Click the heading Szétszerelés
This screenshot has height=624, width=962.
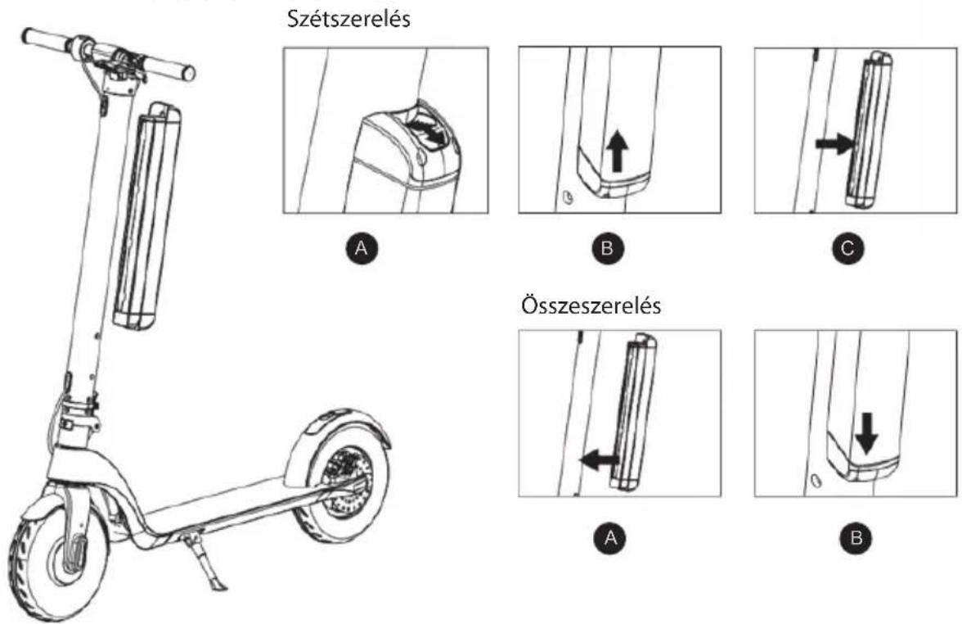click(349, 19)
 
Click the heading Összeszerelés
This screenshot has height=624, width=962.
click(591, 305)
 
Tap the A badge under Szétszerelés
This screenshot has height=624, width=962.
click(362, 247)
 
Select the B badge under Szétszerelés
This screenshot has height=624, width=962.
click(606, 247)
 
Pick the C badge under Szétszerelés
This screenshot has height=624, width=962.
click(847, 247)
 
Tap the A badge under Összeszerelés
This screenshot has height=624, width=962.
click(610, 538)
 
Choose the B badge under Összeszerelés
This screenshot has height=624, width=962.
click(857, 538)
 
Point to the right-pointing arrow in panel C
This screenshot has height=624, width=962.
click(835, 145)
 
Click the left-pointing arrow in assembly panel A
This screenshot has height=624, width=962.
click(599, 459)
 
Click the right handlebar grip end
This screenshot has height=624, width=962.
click(189, 73)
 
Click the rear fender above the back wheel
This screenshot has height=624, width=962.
click(344, 433)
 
